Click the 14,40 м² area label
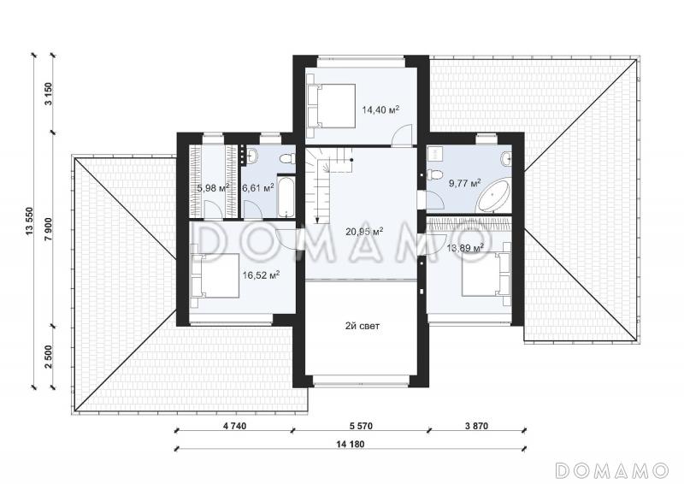pyautogui.click(x=380, y=109)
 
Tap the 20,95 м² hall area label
pyautogui.click(x=364, y=231)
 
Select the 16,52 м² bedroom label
pyautogui.click(x=261, y=275)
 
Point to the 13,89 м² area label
pyautogui.click(x=465, y=248)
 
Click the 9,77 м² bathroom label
pyautogui.click(x=465, y=183)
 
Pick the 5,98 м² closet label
pyautogui.click(x=213, y=188)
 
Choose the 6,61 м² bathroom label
pyautogui.click(x=258, y=188)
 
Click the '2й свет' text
pyautogui.click(x=363, y=326)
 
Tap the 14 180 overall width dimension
pyautogui.click(x=351, y=445)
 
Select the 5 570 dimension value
pyautogui.click(x=361, y=426)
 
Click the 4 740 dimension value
pyautogui.click(x=234, y=426)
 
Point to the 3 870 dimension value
pyautogui.click(x=476, y=426)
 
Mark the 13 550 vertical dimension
pyautogui.click(x=29, y=221)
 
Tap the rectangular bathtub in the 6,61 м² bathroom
pyautogui.click(x=286, y=197)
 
